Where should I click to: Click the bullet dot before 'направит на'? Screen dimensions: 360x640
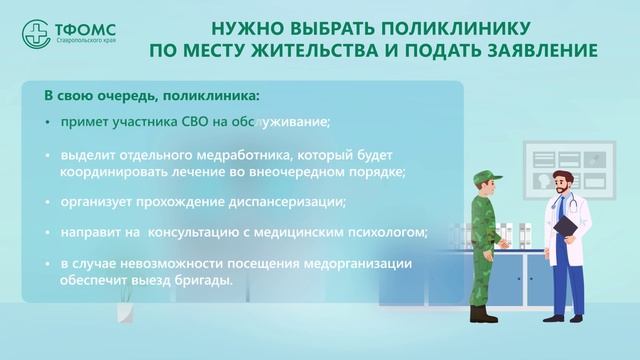pyautogui.click(x=47, y=234)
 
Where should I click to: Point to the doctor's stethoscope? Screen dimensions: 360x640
pyautogui.click(x=567, y=205)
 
